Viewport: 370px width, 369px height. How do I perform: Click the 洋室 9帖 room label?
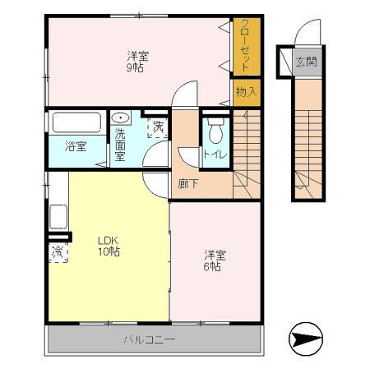click(x=136, y=62)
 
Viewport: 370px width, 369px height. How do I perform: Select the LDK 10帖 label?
click(x=108, y=246)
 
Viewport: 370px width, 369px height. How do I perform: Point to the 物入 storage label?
click(x=245, y=90)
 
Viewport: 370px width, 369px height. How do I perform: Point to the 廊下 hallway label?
click(x=187, y=182)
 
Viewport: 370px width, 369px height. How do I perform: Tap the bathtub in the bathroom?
click(x=76, y=123)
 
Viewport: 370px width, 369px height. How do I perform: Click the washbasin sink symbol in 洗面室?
click(x=120, y=118)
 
